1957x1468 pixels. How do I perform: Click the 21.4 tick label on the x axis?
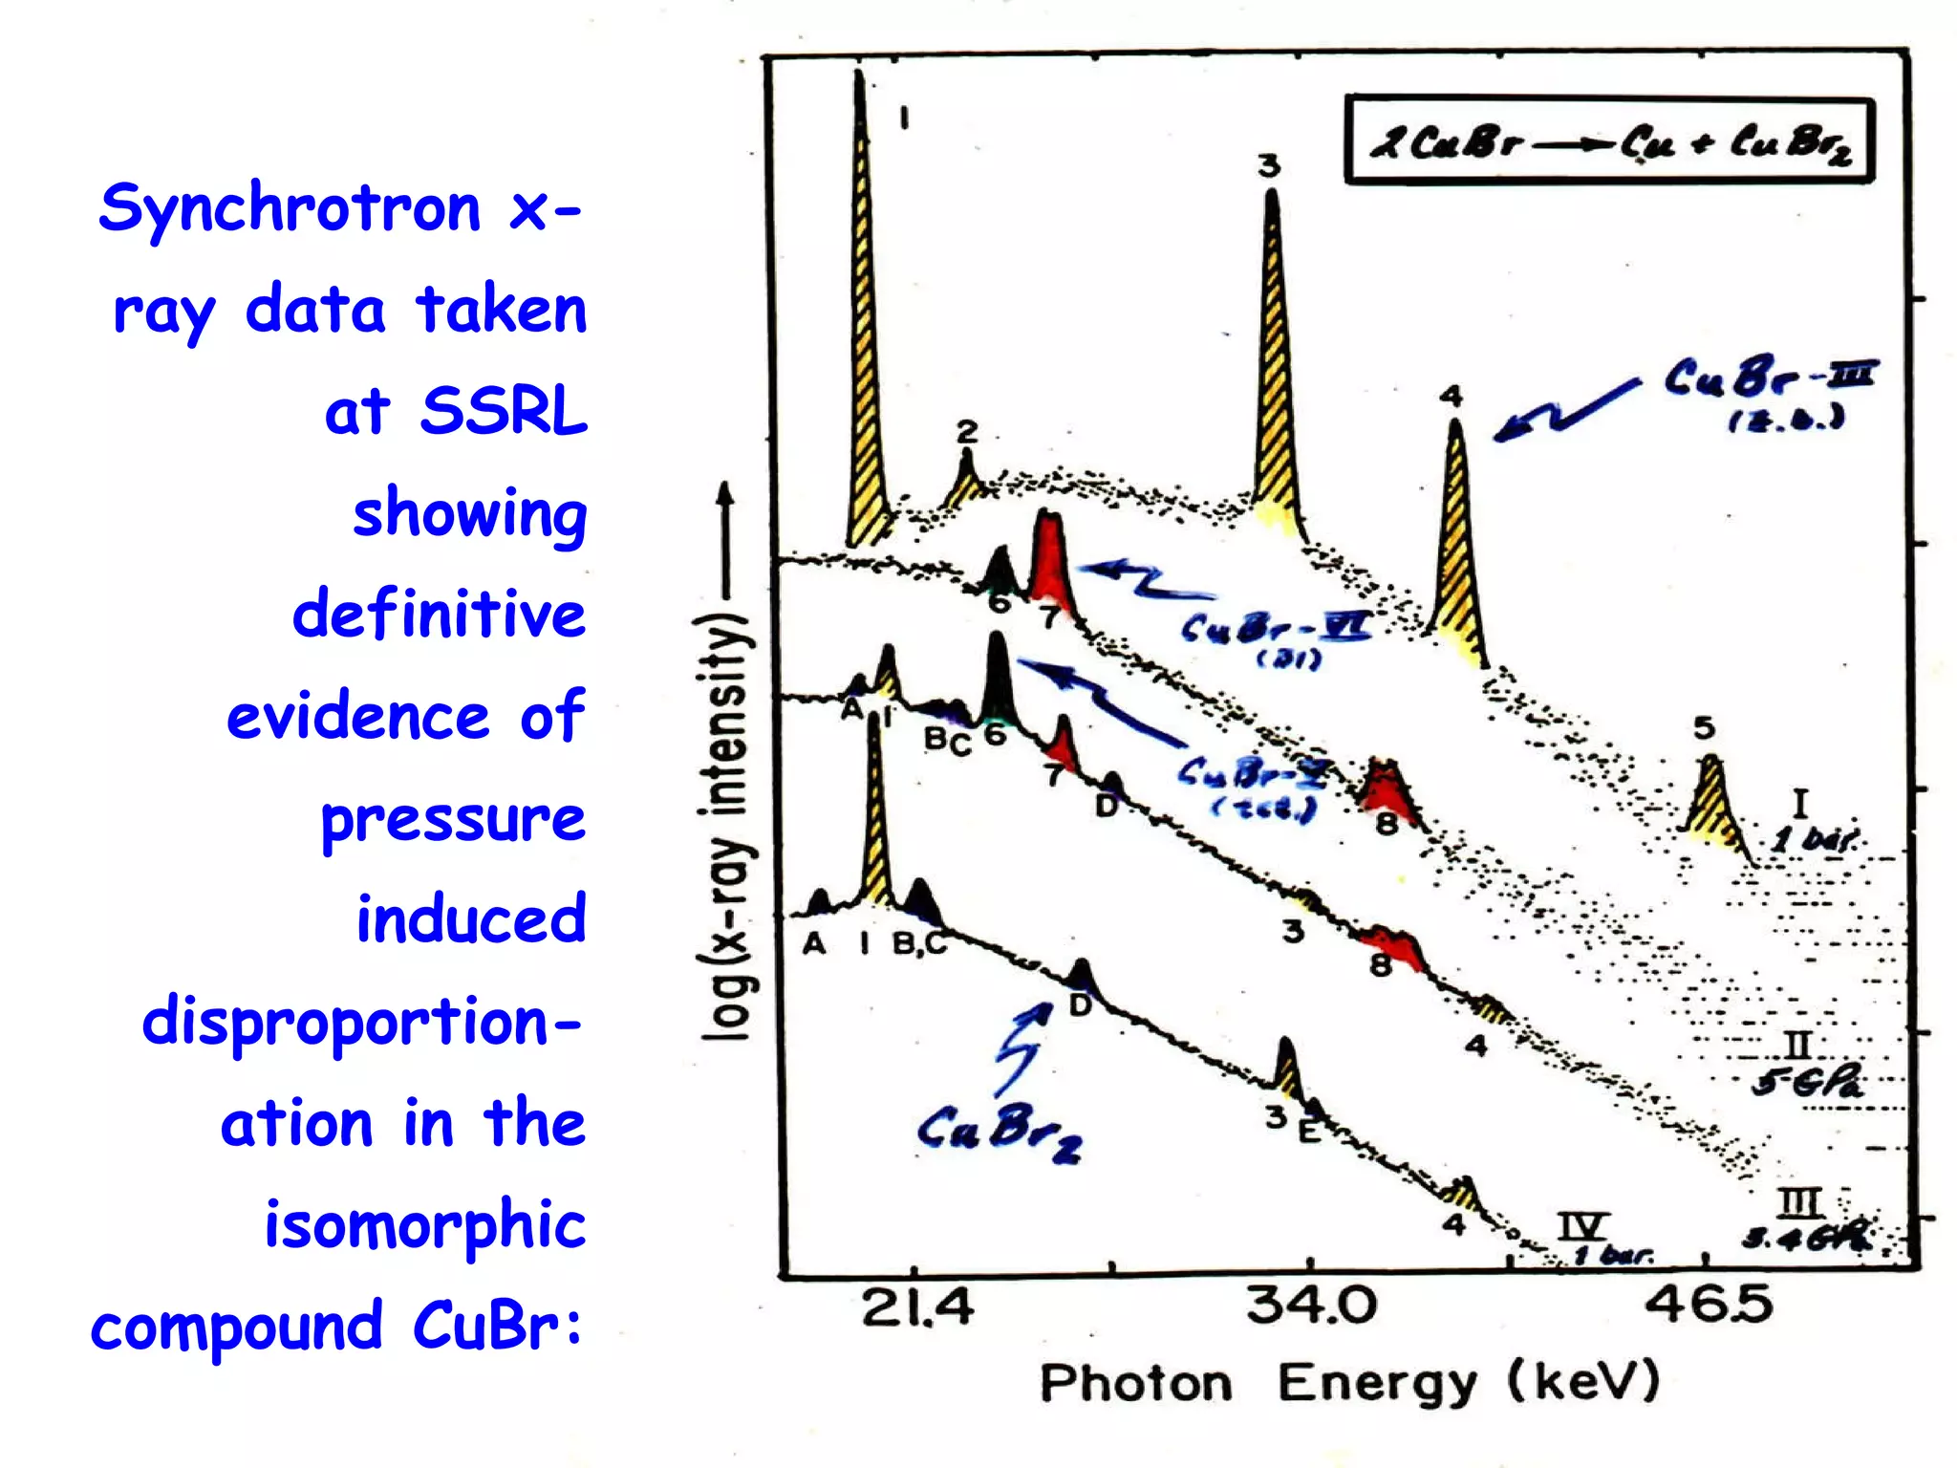coord(917,1307)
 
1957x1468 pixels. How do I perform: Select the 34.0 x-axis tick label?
coord(1311,1306)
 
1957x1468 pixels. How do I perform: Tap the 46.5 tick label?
coord(1708,1306)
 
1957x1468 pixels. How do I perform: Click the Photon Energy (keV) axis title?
coord(1349,1383)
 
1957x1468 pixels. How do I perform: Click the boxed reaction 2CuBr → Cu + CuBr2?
coord(1609,140)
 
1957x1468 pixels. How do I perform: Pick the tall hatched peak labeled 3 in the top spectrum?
coord(1274,363)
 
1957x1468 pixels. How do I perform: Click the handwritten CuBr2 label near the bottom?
coord(999,1133)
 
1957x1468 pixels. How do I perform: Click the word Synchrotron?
coord(290,208)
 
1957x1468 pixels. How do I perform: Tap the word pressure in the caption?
coord(452,819)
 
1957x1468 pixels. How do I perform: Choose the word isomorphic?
coord(424,1225)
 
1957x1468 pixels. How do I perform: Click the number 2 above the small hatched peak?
coord(967,432)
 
